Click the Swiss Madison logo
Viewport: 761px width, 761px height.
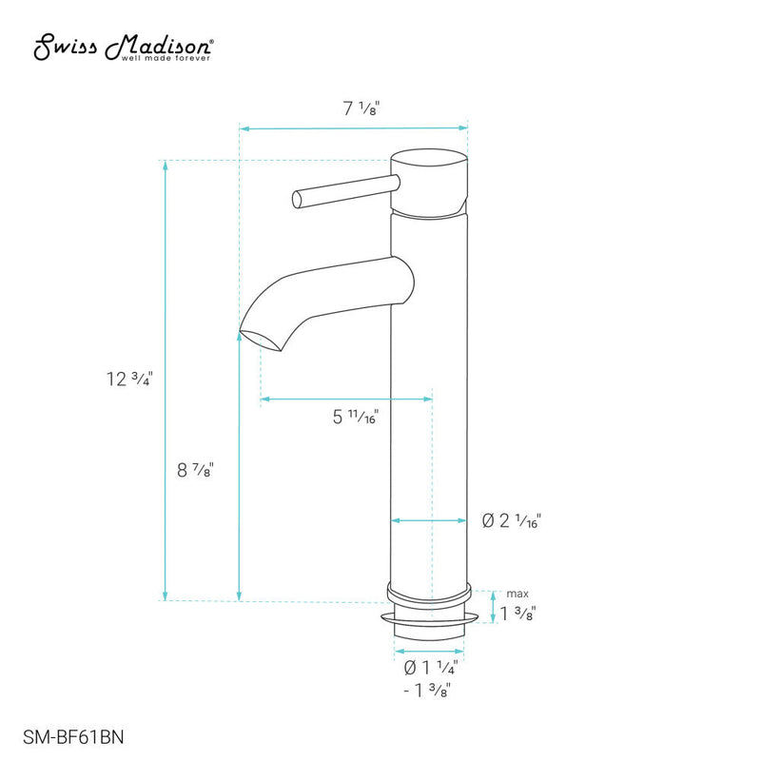pos(124,45)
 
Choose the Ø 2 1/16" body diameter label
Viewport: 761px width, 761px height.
pos(512,520)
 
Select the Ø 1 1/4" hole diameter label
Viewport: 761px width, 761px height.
pos(431,667)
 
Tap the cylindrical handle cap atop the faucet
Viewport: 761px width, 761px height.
pos(431,180)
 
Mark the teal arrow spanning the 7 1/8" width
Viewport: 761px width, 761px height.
pos(353,127)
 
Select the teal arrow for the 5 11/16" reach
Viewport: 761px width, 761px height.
pos(346,399)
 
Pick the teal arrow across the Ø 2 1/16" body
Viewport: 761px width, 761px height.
pos(431,521)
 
